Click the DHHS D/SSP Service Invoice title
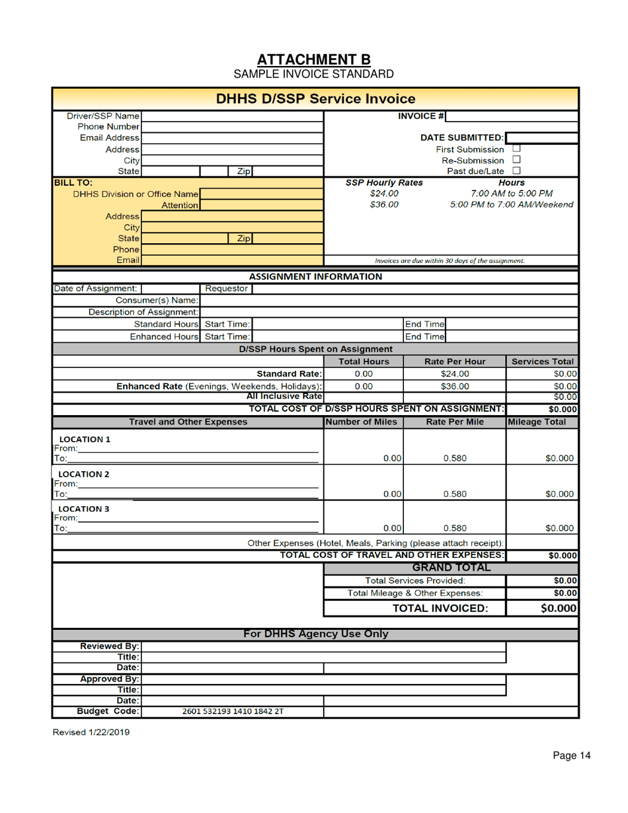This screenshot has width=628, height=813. pos(314,99)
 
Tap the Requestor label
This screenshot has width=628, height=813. pos(226,288)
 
